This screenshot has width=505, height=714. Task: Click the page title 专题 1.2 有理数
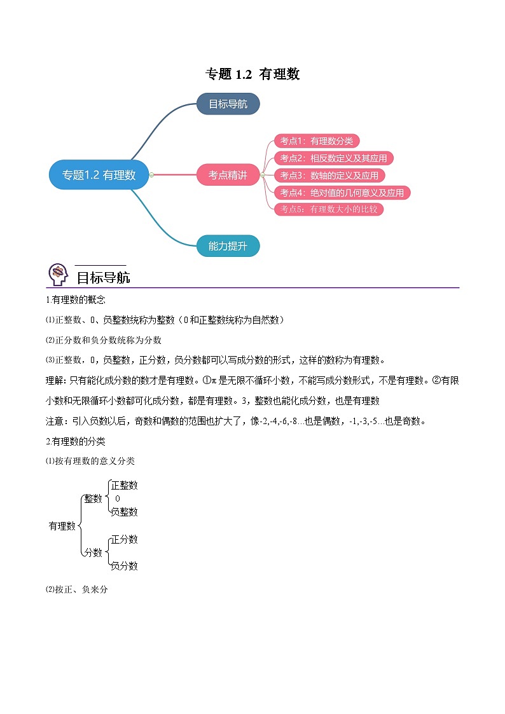(x=253, y=74)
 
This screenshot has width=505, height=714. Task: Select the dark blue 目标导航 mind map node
(x=228, y=104)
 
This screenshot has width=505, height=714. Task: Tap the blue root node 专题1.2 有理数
(x=99, y=175)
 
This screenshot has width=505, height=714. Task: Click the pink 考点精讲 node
(x=228, y=175)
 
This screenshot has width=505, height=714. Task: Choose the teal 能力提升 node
(x=228, y=246)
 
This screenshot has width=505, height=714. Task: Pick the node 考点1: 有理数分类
(x=317, y=141)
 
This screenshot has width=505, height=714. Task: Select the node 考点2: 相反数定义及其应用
(x=333, y=158)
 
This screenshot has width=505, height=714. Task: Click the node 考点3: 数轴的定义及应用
(x=329, y=175)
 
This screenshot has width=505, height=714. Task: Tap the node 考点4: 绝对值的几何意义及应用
(x=342, y=193)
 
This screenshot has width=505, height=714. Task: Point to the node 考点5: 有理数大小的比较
(x=329, y=209)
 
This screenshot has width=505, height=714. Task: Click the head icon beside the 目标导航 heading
(x=59, y=275)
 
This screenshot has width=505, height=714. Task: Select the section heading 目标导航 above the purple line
(x=104, y=277)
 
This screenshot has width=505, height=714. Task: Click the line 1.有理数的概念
(x=76, y=299)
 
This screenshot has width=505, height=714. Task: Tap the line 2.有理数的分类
(x=76, y=441)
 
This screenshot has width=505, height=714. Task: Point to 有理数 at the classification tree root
(x=62, y=526)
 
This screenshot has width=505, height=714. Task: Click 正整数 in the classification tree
(x=124, y=485)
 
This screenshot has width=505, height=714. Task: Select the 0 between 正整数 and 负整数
(x=118, y=498)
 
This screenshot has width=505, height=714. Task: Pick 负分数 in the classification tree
(x=124, y=566)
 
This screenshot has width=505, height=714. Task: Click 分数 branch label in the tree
(x=93, y=553)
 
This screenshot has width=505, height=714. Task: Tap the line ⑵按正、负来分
(x=76, y=589)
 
